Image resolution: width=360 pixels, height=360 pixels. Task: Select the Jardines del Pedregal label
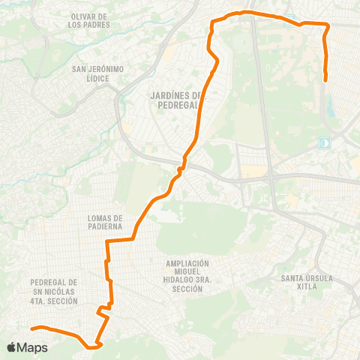(173, 99)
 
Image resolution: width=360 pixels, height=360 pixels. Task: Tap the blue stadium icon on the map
(325, 141)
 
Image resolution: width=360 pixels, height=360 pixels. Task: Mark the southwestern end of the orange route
(31, 328)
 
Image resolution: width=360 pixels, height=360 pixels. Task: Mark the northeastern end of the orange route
(325, 79)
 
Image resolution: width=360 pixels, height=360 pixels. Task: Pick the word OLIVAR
(83, 16)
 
